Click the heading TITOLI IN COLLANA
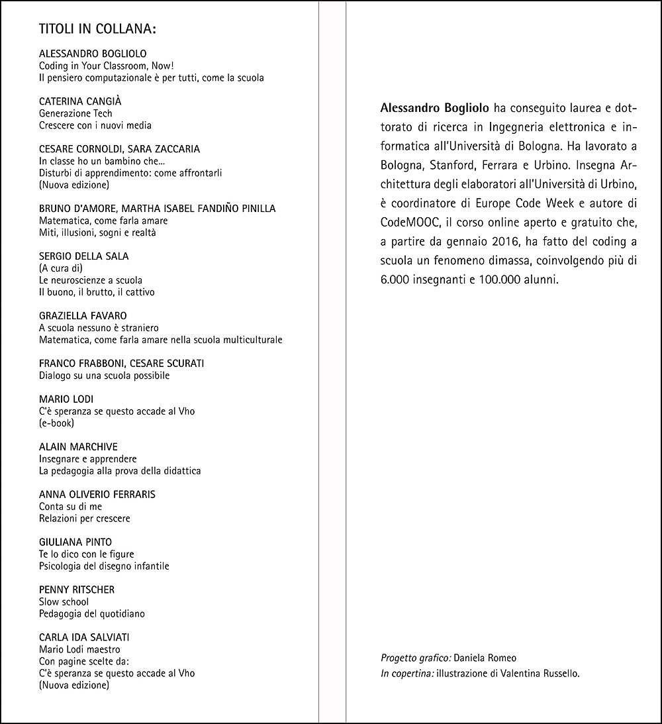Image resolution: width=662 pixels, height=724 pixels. pyautogui.click(x=97, y=29)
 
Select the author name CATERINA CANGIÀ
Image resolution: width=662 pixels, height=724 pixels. pyautogui.click(x=80, y=101)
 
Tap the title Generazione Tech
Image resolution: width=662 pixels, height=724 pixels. pyautogui.click(x=76, y=113)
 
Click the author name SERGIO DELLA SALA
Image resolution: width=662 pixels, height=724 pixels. pyautogui.click(x=84, y=256)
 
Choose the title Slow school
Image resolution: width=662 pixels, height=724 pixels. pyautogui.click(x=64, y=602)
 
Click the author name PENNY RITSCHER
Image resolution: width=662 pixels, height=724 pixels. pyautogui.click(x=77, y=590)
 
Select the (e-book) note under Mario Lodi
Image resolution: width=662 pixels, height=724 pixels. pyautogui.click(x=57, y=423)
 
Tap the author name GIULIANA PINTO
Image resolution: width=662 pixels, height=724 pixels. pyautogui.click(x=75, y=542)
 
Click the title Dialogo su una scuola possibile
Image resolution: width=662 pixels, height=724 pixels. pyautogui.click(x=105, y=376)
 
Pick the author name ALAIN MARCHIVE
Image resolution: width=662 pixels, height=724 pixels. pyautogui.click(x=78, y=446)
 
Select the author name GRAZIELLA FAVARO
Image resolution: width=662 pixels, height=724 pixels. pyautogui.click(x=83, y=316)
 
